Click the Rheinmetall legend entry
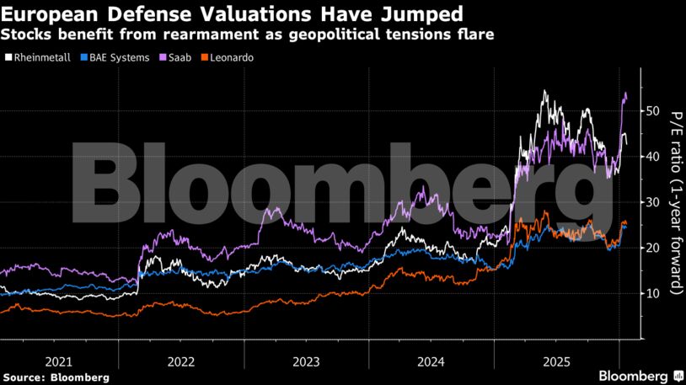tap(41, 57)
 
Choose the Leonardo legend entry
tap(230, 57)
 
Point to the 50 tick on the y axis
tap(651, 111)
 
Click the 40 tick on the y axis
tap(651, 157)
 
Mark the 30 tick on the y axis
tap(651, 202)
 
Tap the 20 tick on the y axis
tap(651, 248)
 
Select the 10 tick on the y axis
tap(651, 293)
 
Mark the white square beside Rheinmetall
tap(8, 57)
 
